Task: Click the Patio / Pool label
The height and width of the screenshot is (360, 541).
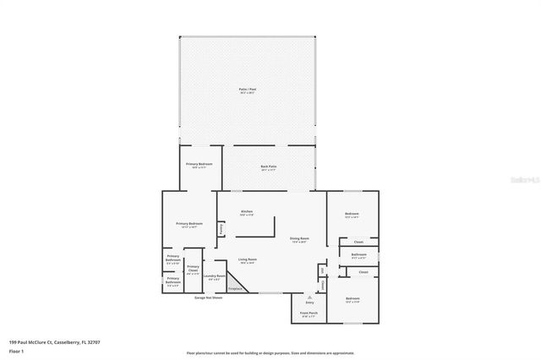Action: coord(247,89)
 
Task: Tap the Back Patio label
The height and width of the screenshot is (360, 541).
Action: coord(269,167)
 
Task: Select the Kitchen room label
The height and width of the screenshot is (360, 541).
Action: coord(247,212)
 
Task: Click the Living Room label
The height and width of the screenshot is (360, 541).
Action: coord(247,260)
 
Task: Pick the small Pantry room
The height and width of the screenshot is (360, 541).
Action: coord(221,228)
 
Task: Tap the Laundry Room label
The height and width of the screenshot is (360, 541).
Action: coord(216,277)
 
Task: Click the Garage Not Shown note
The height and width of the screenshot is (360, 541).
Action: coord(208,298)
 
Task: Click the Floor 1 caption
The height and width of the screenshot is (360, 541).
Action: coord(16,351)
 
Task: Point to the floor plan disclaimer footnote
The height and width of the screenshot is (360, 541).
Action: coord(270,353)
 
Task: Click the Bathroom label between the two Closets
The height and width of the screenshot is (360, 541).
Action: coord(358,255)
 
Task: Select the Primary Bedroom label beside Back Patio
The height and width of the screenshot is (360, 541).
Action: coord(199,165)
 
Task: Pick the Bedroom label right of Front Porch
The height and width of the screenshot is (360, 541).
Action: coord(352,300)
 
